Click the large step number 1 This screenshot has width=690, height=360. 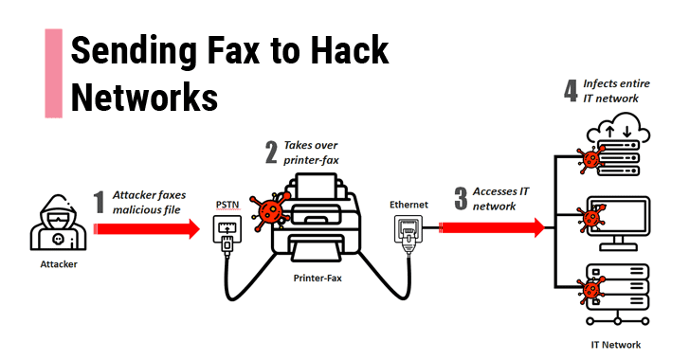pyautogui.click(x=99, y=202)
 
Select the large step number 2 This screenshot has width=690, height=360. pyautogui.click(x=270, y=152)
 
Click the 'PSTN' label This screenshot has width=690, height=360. pyautogui.click(x=227, y=205)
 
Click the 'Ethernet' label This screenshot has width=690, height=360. pyautogui.click(x=409, y=204)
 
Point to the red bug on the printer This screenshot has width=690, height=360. pyautogui.click(x=275, y=209)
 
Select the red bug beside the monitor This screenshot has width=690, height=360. pyautogui.click(x=594, y=219)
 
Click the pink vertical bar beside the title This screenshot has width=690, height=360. pyautogui.click(x=54, y=72)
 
